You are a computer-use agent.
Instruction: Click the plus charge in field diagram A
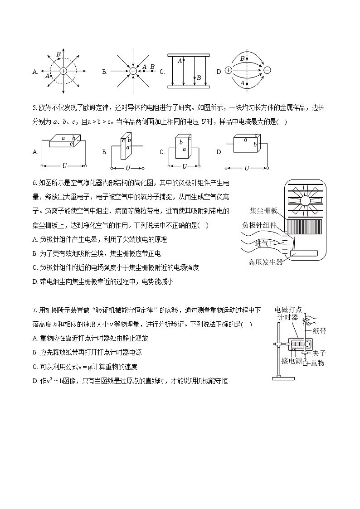tap(63, 71)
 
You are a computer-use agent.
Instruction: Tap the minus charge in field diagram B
tap(133, 71)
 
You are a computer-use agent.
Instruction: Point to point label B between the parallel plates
tap(199, 78)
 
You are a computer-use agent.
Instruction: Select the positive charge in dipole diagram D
tap(228, 70)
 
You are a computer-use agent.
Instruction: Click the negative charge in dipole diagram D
tap(267, 70)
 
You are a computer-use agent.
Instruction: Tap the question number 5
tap(34, 107)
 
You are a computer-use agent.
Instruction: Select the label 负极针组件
tap(259, 225)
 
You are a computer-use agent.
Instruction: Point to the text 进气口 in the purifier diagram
tap(264, 243)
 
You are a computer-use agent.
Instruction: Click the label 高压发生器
tap(266, 262)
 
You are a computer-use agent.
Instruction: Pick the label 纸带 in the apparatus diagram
tap(319, 331)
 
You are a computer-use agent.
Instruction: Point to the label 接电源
tap(291, 361)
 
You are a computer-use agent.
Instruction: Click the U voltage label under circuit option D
tap(247, 168)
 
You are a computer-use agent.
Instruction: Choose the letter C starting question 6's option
tap(35, 267)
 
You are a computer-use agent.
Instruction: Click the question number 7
tap(34, 310)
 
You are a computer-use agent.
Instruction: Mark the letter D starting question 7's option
tap(35, 381)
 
